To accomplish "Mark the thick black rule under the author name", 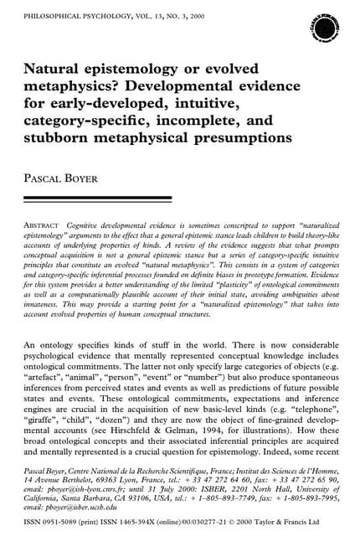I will (x=97, y=198).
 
